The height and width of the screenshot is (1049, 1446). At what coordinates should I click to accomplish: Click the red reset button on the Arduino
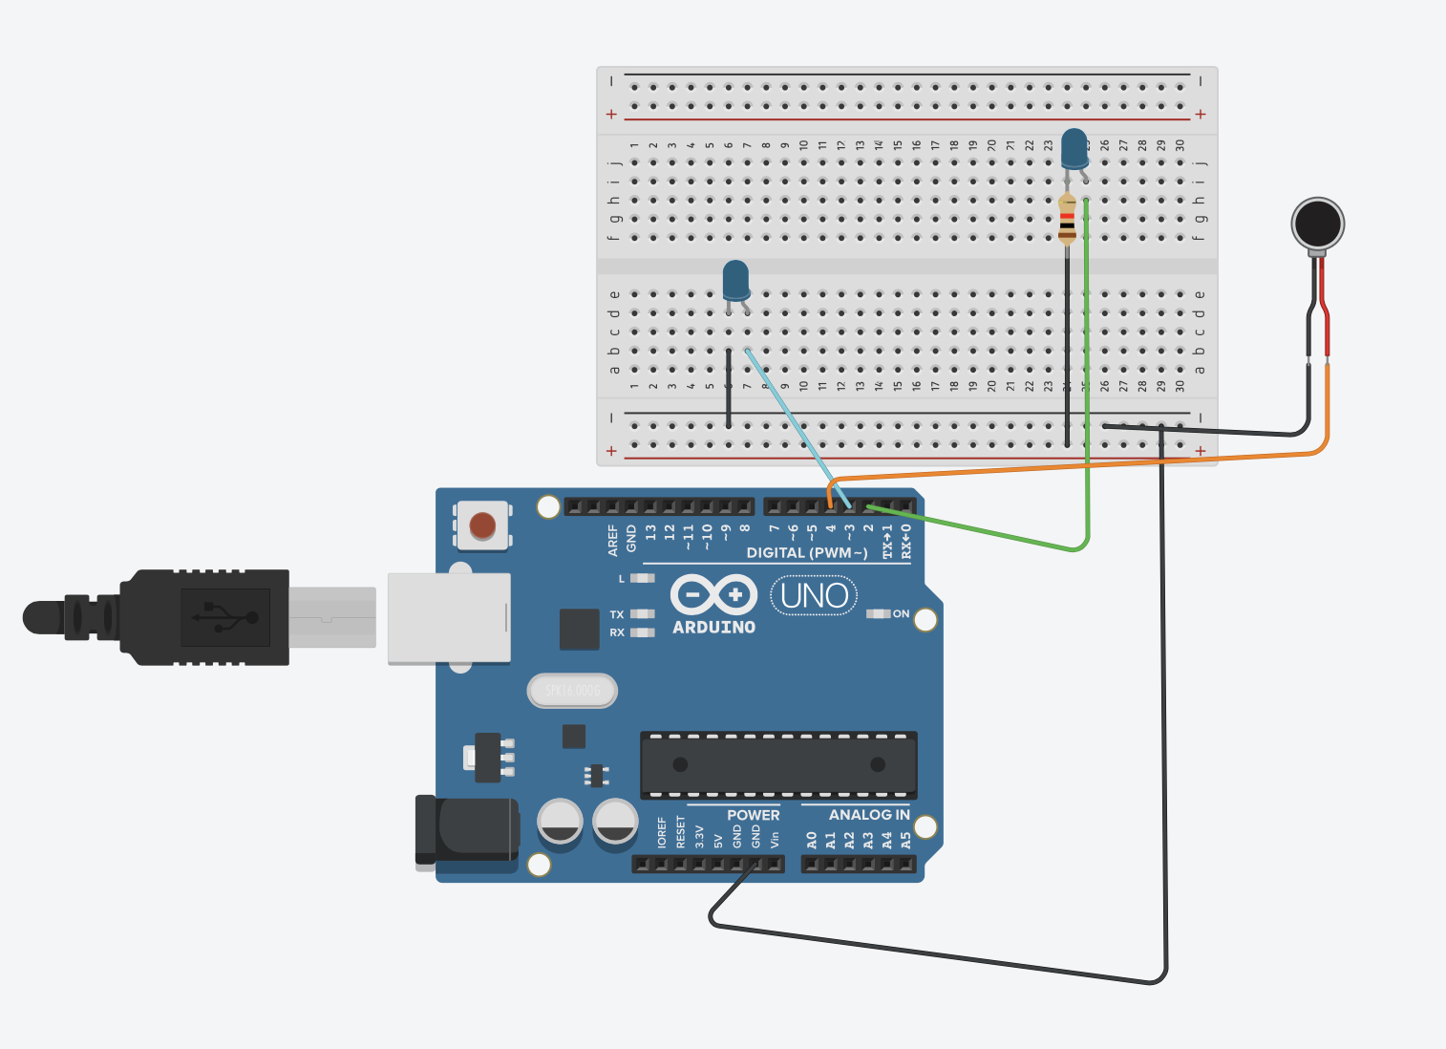tap(482, 525)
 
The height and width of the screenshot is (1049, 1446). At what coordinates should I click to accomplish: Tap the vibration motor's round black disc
tap(1317, 223)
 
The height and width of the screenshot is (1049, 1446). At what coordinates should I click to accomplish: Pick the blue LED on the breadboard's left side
tap(735, 281)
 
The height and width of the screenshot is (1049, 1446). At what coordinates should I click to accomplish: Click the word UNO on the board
tap(814, 596)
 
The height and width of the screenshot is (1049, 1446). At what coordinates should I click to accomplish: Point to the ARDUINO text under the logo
tap(713, 628)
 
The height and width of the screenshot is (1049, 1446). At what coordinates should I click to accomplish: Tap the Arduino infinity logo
tap(713, 594)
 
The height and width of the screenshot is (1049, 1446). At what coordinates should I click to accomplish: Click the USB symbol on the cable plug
tap(225, 617)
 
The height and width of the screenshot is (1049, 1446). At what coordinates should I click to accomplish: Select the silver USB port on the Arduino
tap(449, 618)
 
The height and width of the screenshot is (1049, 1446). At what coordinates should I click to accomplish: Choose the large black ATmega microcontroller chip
tap(778, 764)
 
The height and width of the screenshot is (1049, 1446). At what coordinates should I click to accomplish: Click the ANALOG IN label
tap(868, 815)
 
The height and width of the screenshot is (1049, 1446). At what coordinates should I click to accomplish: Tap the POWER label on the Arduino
tap(753, 815)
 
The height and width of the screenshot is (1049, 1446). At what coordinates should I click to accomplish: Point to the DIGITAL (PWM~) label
tap(807, 553)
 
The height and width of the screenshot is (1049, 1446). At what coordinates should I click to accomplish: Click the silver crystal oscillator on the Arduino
tap(572, 690)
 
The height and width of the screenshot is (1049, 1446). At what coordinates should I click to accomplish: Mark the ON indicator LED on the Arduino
tap(878, 613)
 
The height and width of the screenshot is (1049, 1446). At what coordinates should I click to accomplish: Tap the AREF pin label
tap(613, 540)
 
